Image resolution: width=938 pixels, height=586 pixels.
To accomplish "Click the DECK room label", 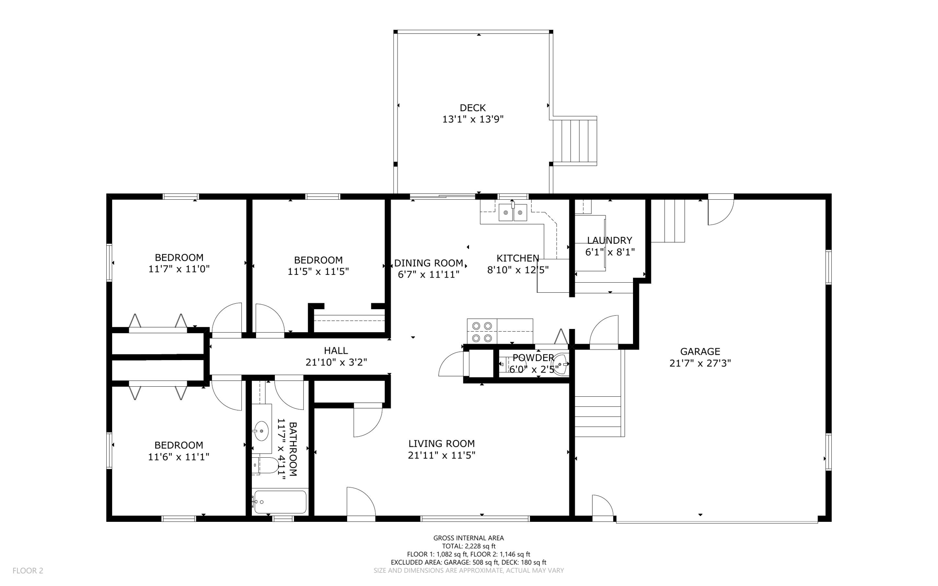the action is (473, 108).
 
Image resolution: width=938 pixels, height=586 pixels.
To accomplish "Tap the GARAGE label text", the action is (700, 352).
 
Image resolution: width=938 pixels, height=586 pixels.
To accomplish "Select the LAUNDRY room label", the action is (610, 241).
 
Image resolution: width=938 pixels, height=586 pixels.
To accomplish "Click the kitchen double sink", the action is (513, 213).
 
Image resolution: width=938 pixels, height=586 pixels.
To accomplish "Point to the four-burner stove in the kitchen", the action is (482, 331).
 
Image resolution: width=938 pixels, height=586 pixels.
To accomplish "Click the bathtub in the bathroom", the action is (280, 502).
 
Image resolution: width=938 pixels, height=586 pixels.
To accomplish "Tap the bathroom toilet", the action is (265, 466).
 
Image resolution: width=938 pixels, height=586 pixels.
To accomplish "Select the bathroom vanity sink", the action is (262, 431).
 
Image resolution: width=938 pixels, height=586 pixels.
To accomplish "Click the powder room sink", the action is (560, 365).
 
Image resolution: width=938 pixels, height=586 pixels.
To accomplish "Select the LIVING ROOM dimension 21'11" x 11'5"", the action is (442, 455).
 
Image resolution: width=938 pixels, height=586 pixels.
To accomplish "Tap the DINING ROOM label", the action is (429, 263).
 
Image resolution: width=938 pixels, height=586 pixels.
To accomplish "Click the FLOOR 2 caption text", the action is (28, 571).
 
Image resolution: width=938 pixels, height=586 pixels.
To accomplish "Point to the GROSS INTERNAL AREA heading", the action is (469, 538).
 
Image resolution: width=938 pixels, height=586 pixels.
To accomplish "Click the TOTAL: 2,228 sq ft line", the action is (469, 546).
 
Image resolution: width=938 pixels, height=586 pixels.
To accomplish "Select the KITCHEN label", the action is (518, 258).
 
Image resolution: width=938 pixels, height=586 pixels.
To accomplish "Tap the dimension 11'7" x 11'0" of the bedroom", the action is (179, 269).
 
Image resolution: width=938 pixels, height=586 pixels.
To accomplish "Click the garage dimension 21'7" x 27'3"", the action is (700, 363).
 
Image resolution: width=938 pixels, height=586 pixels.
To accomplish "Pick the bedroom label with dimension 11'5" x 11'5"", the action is (318, 260).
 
